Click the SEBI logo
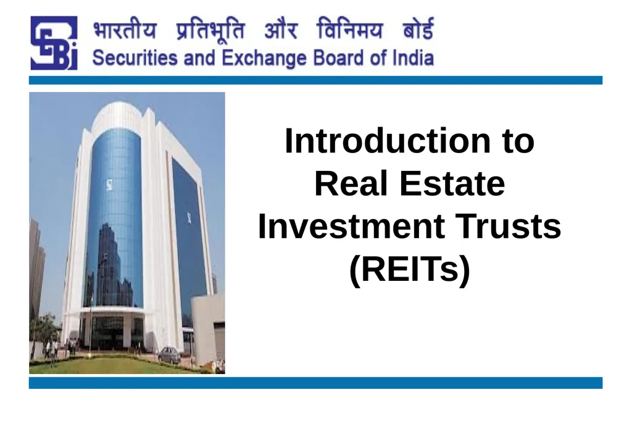click(x=54, y=43)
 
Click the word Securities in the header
click(x=135, y=57)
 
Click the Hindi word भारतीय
click(x=125, y=30)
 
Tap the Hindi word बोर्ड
click(x=418, y=28)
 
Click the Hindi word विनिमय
click(x=349, y=28)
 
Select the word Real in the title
click(x=351, y=183)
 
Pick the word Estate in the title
click(x=452, y=183)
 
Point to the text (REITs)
click(x=410, y=270)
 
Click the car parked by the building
click(x=169, y=355)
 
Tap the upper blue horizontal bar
click(x=315, y=80)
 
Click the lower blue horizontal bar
click(x=315, y=383)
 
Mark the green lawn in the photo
click(x=117, y=365)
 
